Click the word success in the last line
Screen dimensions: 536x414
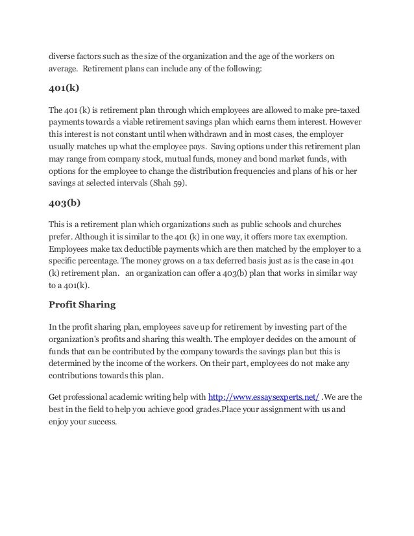pyautogui.click(x=99, y=420)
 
